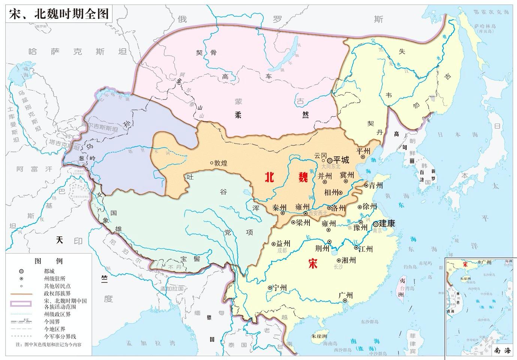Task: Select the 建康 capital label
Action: (x=387, y=224)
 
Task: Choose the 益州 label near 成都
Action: (x=284, y=244)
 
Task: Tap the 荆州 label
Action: (x=321, y=248)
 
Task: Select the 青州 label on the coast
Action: (x=375, y=185)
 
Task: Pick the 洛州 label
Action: (x=339, y=208)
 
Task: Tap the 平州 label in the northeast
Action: (x=363, y=151)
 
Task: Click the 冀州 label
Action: (x=347, y=175)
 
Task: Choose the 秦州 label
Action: (x=279, y=208)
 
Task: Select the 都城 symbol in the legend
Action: (x=22, y=271)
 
